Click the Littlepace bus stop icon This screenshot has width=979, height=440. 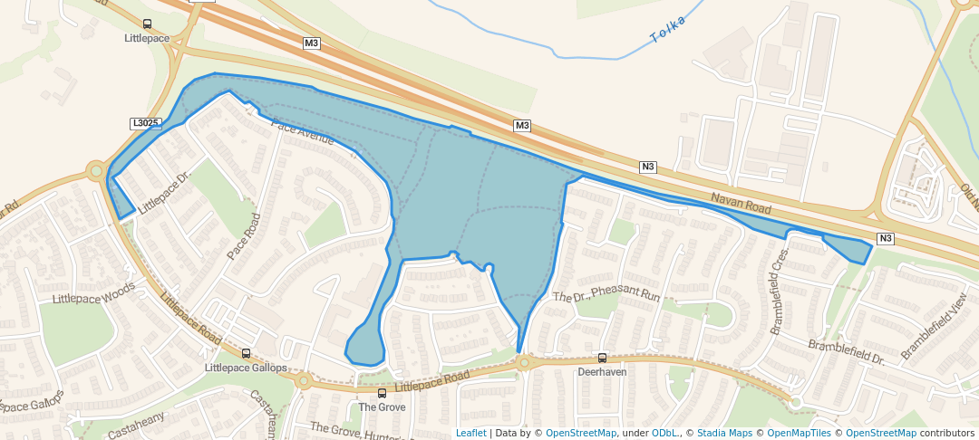(148, 24)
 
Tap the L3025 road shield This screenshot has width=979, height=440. (146, 123)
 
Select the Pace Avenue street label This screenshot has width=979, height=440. (303, 134)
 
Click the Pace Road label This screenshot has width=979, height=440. (243, 236)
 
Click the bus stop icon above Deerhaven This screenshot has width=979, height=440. (602, 359)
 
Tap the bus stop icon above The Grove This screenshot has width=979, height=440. (382, 394)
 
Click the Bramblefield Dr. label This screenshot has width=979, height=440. (846, 352)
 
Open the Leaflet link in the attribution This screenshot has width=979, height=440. (470, 433)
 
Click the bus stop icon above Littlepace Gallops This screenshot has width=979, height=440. (246, 354)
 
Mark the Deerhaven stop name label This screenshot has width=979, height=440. (602, 372)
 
